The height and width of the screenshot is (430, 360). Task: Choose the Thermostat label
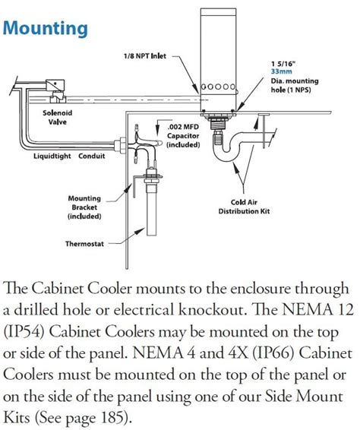[90, 244]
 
